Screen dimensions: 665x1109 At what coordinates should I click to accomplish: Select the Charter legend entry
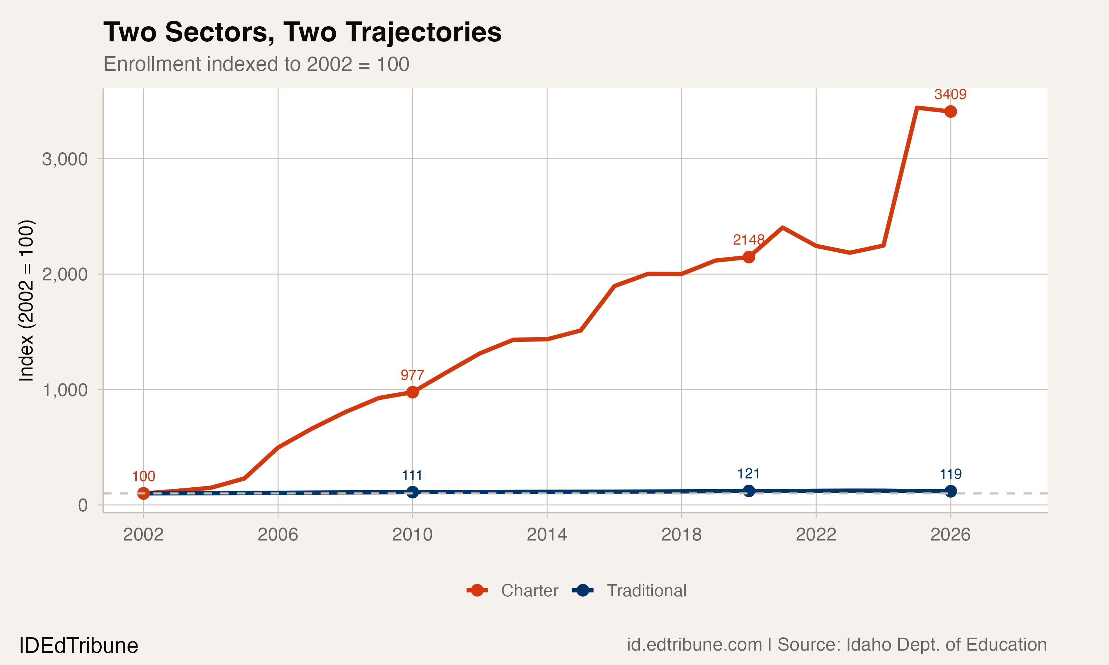(512, 591)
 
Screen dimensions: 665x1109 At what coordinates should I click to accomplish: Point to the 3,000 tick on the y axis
(65, 159)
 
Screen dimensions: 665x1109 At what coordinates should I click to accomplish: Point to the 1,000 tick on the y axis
(65, 390)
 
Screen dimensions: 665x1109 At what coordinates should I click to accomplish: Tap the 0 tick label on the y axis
(82, 505)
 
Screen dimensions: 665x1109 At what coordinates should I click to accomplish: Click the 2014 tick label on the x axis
(546, 535)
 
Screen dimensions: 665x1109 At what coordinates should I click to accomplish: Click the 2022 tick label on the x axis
(815, 535)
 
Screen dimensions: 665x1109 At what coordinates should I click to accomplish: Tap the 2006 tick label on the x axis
(278, 535)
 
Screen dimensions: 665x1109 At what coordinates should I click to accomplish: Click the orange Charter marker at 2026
(950, 112)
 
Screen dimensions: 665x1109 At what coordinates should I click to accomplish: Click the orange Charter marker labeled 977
(413, 392)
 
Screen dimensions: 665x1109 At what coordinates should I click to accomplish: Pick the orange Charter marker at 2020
(749, 257)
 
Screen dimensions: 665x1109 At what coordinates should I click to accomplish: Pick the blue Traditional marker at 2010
(413, 492)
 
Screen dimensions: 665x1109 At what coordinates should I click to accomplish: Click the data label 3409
(950, 94)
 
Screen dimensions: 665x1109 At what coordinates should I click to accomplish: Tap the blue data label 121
(748, 474)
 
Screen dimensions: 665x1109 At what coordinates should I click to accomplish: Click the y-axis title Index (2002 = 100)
(26, 300)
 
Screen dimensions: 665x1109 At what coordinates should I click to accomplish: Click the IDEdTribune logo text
(78, 645)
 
